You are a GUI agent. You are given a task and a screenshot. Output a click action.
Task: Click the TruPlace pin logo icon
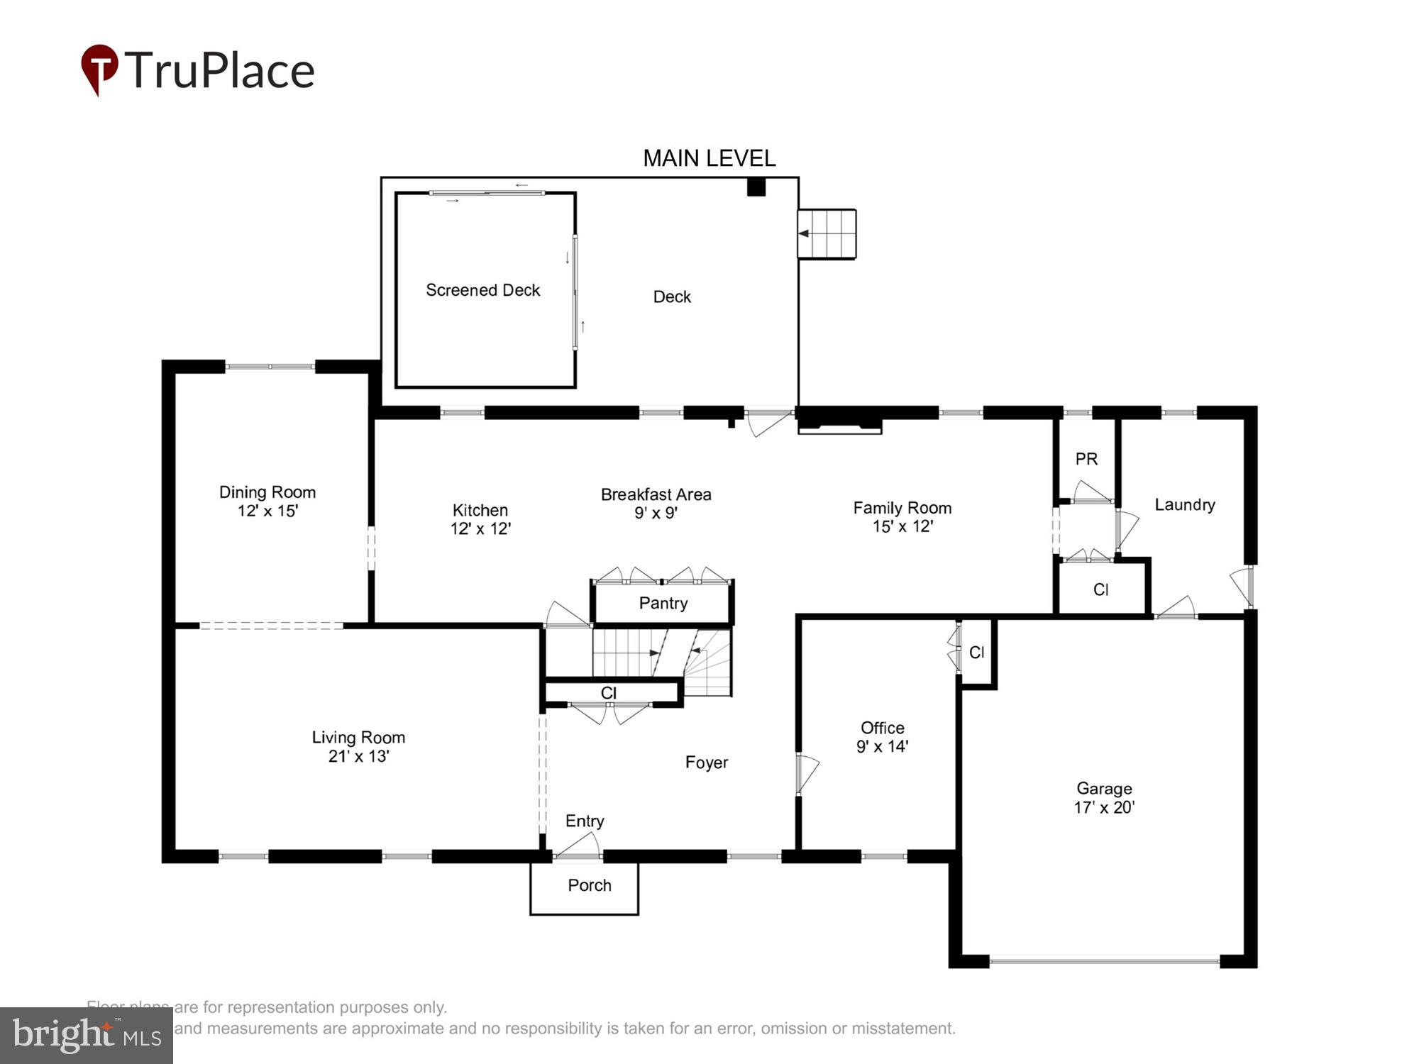click(x=99, y=68)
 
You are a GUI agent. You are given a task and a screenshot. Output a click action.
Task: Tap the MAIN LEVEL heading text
click(x=709, y=158)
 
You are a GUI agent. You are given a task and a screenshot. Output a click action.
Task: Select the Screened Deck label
click(x=482, y=290)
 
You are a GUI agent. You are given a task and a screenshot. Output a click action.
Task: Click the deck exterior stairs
click(x=827, y=233)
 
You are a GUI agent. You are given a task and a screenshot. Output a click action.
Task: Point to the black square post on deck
click(x=756, y=187)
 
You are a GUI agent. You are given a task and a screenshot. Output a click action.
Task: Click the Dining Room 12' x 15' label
click(x=267, y=501)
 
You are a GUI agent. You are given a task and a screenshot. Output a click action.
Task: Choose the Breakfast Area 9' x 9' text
click(x=656, y=504)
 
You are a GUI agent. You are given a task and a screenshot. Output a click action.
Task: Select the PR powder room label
click(x=1086, y=459)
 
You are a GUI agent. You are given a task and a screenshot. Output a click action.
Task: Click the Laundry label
click(x=1184, y=505)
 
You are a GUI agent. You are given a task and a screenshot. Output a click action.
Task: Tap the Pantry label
click(x=663, y=603)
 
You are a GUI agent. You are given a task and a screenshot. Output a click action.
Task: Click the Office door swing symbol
click(x=807, y=773)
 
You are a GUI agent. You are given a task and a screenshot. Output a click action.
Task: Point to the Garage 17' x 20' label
click(x=1104, y=798)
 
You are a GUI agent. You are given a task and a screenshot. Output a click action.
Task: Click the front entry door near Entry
click(x=578, y=848)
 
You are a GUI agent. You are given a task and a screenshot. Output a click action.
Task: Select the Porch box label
click(x=589, y=885)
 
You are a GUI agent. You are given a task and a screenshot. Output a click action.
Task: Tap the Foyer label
click(x=706, y=763)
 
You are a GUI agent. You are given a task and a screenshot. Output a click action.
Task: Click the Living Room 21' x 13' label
click(x=358, y=747)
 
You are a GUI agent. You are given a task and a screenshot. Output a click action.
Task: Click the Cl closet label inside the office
click(x=976, y=653)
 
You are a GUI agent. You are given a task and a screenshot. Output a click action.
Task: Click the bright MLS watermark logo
click(x=87, y=1036)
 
